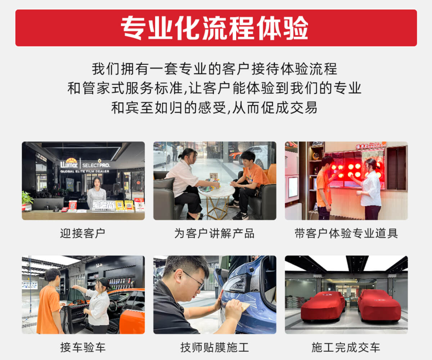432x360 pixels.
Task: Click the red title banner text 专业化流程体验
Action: point(215,28)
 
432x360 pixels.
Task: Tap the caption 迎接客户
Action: point(83,233)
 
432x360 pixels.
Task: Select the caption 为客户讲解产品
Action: point(214,233)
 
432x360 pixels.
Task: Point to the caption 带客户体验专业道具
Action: point(346,233)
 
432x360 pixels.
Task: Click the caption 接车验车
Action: point(83,347)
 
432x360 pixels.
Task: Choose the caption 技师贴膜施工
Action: point(215,347)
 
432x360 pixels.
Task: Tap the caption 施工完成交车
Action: point(346,347)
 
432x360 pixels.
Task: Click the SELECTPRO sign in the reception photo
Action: point(96,165)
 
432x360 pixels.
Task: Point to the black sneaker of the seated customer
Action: point(240,216)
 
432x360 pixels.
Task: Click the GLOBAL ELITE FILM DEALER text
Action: point(85,171)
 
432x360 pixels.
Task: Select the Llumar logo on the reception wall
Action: point(69,163)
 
